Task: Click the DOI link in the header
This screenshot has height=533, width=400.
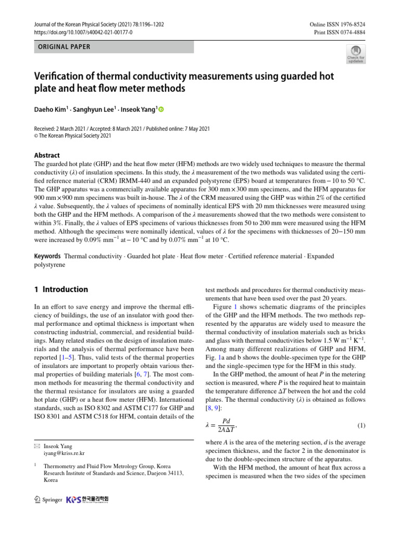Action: (x=83, y=32)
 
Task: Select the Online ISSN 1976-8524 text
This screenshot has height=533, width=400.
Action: (x=337, y=24)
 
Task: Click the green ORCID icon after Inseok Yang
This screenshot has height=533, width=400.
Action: (x=160, y=109)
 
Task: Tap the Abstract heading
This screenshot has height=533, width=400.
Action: (x=47, y=155)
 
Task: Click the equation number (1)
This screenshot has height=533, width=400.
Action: (x=361, y=426)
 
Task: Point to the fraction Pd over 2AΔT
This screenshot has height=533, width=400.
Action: (x=226, y=425)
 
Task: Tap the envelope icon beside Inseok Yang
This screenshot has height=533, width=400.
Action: (x=36, y=447)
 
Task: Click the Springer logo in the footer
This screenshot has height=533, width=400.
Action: (x=48, y=500)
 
